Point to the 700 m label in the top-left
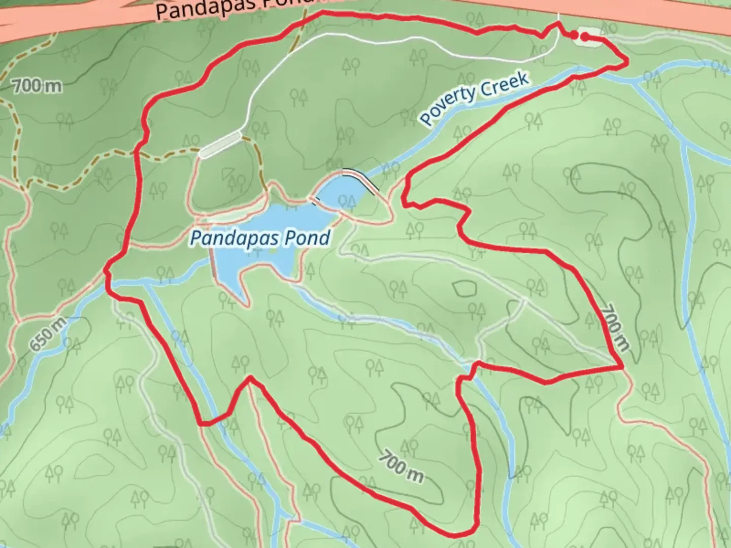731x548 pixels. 37,86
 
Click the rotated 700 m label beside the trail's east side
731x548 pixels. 616,327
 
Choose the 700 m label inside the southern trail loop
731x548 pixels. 401,466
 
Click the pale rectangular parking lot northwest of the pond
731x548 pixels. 220,145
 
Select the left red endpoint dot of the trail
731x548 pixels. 573,35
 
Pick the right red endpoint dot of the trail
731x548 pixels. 585,36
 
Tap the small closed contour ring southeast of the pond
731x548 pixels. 464,289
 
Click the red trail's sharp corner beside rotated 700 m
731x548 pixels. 622,366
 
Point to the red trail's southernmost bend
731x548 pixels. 459,534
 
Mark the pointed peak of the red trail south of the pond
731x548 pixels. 250,378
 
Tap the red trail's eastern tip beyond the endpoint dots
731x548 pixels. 627,61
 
